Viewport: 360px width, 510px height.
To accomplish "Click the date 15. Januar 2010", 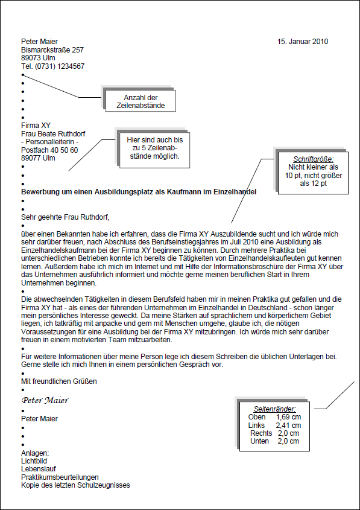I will tap(303, 42).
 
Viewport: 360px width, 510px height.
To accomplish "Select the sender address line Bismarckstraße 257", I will tap(52, 50).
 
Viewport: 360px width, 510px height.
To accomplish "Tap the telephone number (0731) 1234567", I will tap(60, 66).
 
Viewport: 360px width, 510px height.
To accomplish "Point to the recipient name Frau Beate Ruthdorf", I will tap(53, 133).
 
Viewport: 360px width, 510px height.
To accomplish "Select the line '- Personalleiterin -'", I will tap(50, 142).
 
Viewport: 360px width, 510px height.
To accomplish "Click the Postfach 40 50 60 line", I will tap(49, 150).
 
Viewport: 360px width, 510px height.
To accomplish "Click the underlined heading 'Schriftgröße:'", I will tap(314, 159).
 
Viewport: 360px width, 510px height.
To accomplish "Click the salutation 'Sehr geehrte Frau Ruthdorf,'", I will tap(65, 216).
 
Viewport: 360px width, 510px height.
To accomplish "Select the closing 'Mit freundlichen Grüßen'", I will tap(58, 381).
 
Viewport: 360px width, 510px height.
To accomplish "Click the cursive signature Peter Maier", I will tap(45, 400).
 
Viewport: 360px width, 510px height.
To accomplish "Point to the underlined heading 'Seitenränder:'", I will tap(274, 409).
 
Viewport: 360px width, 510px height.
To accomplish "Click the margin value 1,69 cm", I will tap(288, 417).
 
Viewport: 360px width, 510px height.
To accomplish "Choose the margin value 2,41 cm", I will tap(288, 426).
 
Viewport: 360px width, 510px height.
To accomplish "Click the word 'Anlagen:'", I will tap(34, 453).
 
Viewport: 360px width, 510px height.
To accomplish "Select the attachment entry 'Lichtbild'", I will tap(34, 461).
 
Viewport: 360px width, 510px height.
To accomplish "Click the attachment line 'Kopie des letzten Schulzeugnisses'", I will tap(75, 485).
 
